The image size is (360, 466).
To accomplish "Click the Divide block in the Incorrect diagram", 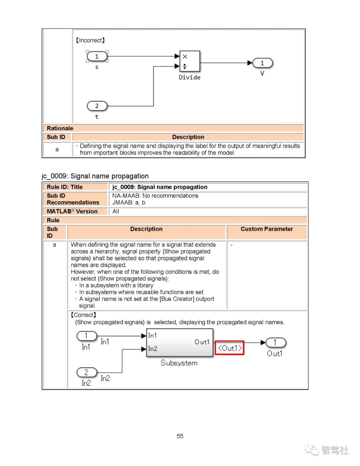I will (x=190, y=61).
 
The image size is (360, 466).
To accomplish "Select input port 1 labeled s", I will (x=97, y=56).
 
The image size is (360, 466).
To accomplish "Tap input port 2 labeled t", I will (x=97, y=106).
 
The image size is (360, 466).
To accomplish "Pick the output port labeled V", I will (x=262, y=63).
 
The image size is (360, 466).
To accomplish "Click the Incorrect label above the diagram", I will (x=90, y=40).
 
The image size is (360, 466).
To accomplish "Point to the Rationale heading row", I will (x=60, y=128).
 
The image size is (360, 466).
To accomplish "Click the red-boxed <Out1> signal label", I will (x=230, y=348).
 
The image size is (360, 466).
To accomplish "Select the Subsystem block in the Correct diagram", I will (x=180, y=343).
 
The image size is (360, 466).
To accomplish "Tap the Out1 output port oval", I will (x=275, y=343).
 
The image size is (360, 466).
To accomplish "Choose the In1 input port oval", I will (x=87, y=336).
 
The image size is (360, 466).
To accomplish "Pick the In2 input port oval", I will (x=87, y=372).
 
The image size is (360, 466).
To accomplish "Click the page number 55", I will (x=180, y=436).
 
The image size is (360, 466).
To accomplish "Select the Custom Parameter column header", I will (x=267, y=229).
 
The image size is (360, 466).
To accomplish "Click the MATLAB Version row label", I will (x=72, y=211).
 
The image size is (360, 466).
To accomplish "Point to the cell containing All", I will (x=116, y=211).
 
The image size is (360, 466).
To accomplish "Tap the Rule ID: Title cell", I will (x=65, y=187).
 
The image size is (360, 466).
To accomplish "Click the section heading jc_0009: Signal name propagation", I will (x=95, y=176).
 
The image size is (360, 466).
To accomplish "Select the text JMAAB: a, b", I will (x=129, y=202).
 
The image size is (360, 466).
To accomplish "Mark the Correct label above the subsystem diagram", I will (x=83, y=315).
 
